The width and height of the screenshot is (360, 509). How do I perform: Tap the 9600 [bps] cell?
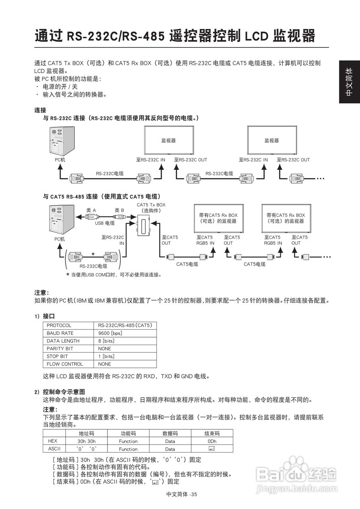(110, 333)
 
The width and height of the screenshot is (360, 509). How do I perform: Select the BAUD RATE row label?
(60, 333)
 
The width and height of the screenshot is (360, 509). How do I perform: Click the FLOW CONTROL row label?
(65, 364)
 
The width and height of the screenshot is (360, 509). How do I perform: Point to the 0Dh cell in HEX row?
(212, 441)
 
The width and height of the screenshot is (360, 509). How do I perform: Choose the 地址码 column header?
(86, 433)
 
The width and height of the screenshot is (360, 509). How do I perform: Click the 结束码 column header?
(212, 433)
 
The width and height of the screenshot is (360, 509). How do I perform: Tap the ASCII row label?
(54, 449)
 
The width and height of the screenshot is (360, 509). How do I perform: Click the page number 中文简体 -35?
(182, 494)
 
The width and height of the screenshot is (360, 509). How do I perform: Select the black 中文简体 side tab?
(349, 82)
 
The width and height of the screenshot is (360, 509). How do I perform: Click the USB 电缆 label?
(105, 223)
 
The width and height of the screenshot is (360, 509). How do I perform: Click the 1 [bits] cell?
(106, 356)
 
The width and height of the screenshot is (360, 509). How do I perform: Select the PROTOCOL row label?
(59, 325)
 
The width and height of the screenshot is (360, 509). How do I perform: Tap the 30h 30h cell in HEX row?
(86, 441)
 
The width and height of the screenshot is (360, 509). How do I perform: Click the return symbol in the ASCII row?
(212, 449)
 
